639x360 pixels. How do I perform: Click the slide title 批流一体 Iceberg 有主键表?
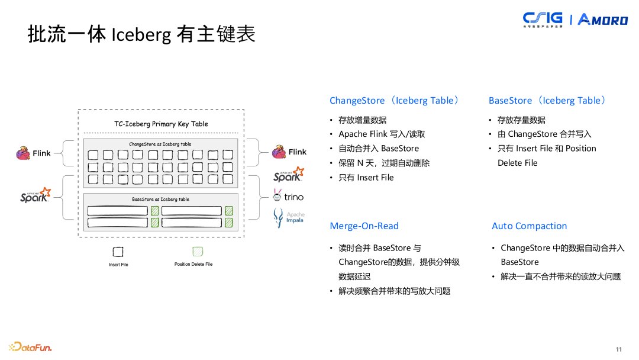pos(141,35)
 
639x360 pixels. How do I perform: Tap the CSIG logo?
pos(543,20)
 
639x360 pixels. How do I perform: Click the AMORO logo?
pos(602,20)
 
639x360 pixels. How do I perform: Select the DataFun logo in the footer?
pos(30,346)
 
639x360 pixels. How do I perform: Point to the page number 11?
pos(619,349)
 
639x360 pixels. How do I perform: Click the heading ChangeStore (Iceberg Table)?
pos(394,101)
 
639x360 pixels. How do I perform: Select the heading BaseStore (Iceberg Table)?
pos(547,101)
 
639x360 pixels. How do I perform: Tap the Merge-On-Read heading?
pos(364,226)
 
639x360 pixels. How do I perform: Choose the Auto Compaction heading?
pos(529,226)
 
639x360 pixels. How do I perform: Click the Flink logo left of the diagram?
pos(33,153)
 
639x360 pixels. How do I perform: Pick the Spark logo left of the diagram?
pos(35,195)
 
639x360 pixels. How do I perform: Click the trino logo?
pos(288,196)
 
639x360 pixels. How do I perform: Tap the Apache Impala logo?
pos(289,217)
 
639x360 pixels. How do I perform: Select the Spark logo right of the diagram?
pos(288,175)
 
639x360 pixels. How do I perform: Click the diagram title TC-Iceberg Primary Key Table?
pos(161,124)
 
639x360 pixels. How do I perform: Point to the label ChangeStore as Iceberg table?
pos(160,144)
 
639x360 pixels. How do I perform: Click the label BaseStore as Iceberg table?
pos(160,200)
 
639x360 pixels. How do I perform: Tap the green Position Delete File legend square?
pos(198,251)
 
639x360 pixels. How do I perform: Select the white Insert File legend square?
pos(118,251)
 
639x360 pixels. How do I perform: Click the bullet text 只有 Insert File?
pos(366,178)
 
